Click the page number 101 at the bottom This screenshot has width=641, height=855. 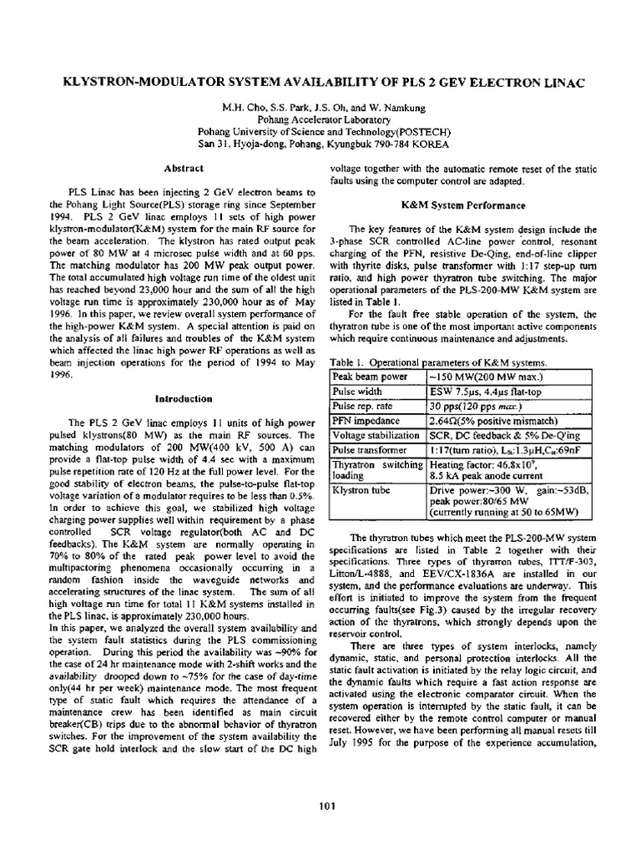pos(326,805)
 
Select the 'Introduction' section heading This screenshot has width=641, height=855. pos(181,398)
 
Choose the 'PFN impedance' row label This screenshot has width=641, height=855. pos(366,421)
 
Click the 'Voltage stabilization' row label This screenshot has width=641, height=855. pos(376,435)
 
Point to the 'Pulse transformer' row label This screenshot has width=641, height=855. pos(371,449)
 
